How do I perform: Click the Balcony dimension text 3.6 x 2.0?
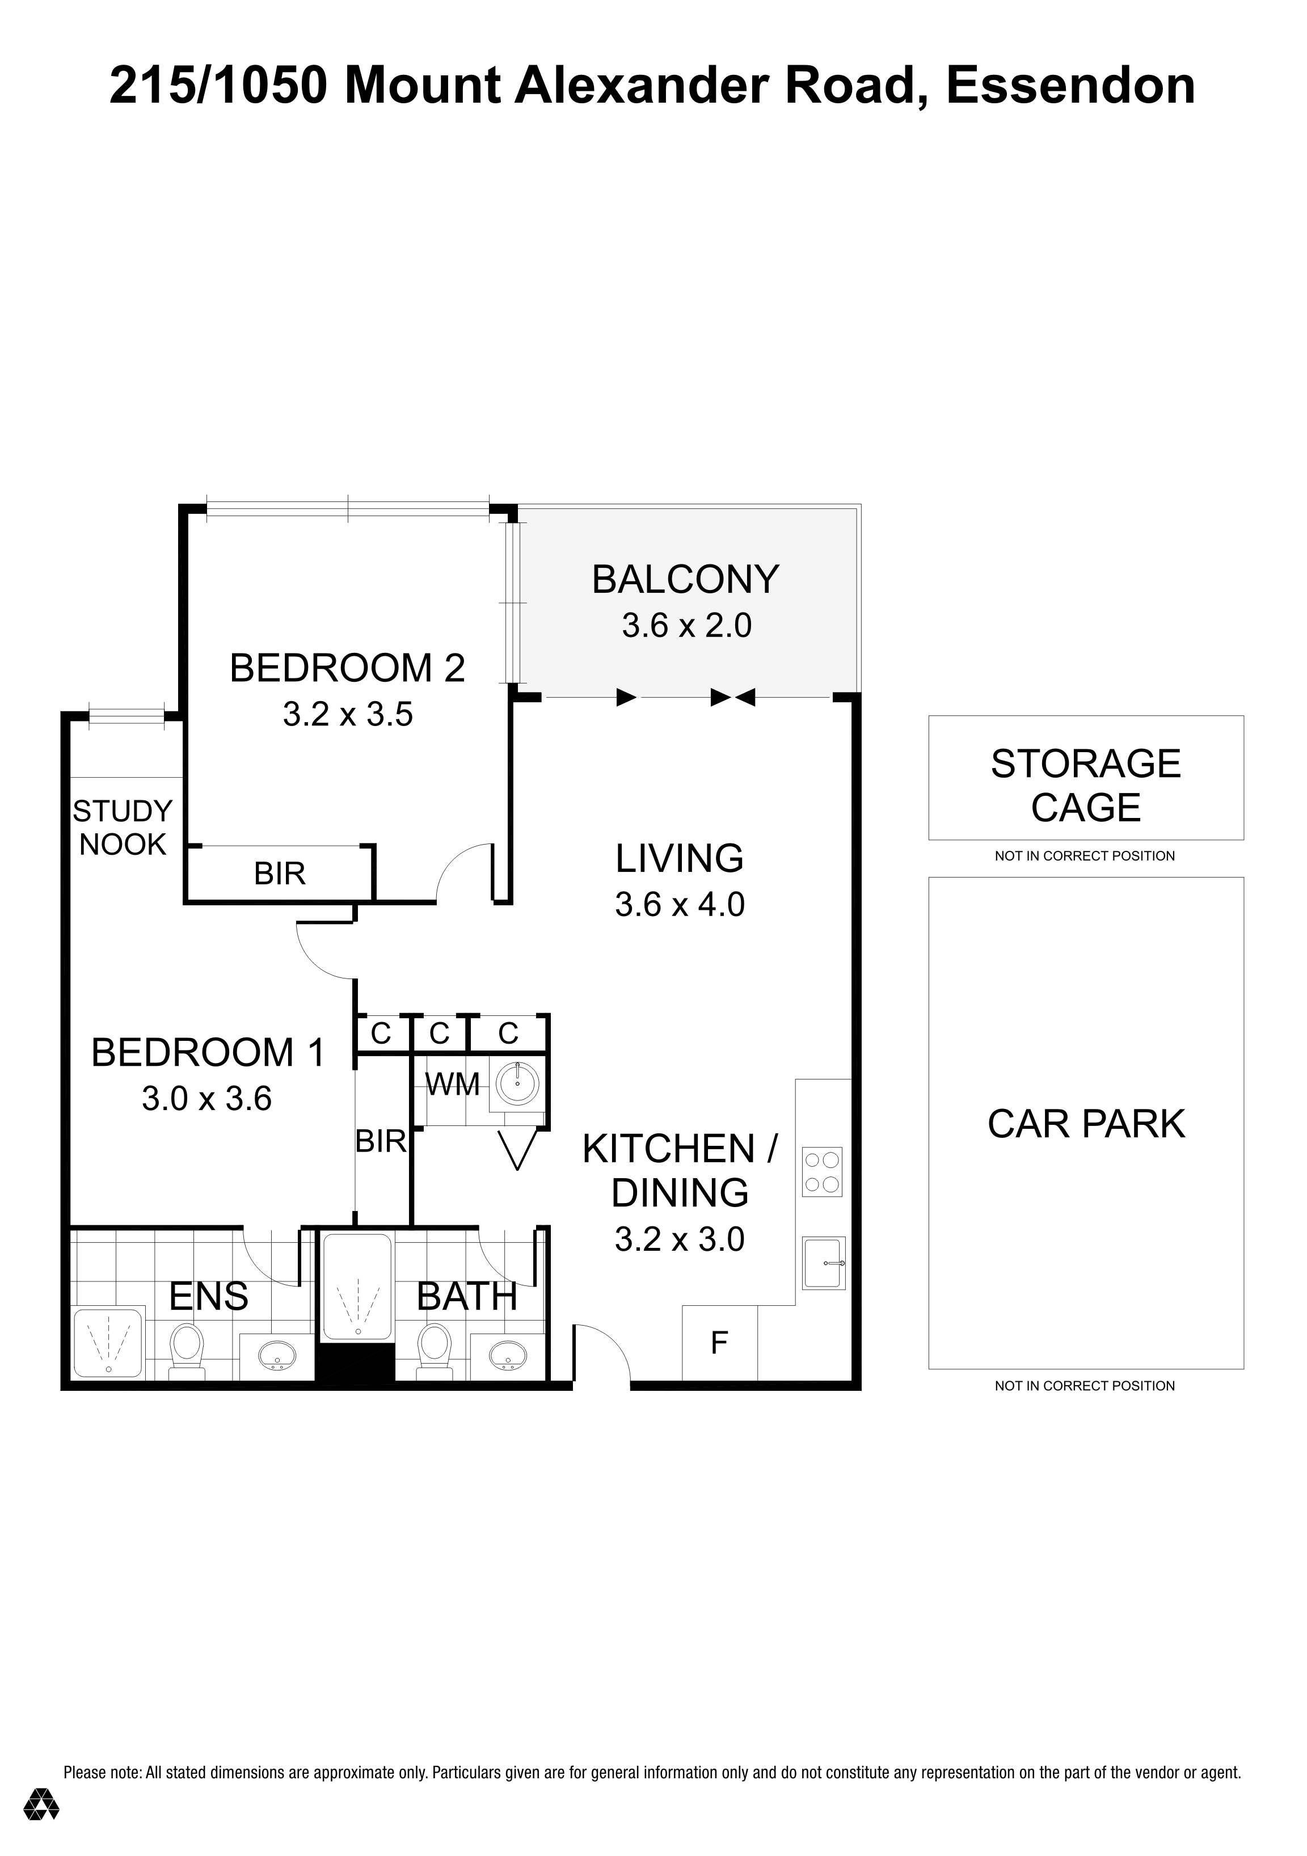pyautogui.click(x=686, y=626)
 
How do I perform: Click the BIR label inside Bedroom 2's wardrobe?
pyautogui.click(x=280, y=874)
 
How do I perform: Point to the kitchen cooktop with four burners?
pyautogui.click(x=822, y=1172)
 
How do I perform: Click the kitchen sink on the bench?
pyautogui.click(x=823, y=1263)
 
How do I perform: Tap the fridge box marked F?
pyautogui.click(x=719, y=1343)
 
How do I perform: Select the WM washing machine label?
pyautogui.click(x=453, y=1085)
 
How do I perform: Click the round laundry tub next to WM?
pyautogui.click(x=517, y=1084)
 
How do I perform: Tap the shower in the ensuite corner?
pyautogui.click(x=108, y=1343)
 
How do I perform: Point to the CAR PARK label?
pyautogui.click(x=1086, y=1124)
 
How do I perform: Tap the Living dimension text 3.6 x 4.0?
pyautogui.click(x=679, y=905)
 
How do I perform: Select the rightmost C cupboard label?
pyautogui.click(x=508, y=1033)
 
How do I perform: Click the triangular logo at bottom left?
pyautogui.click(x=40, y=1804)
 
